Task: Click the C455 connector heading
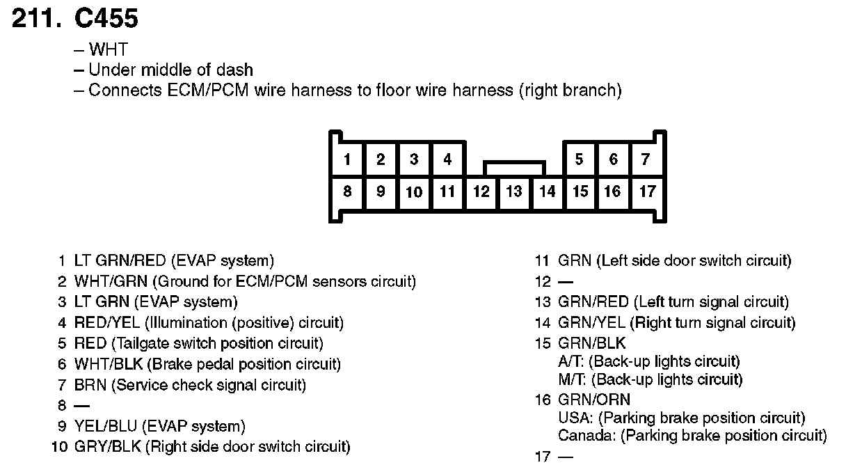106,19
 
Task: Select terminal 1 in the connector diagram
346,159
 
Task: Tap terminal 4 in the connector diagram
447,159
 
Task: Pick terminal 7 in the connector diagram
646,159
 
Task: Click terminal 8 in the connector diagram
346,191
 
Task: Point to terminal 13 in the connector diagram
513,191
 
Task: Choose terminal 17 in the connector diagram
646,191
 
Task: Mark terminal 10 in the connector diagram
414,192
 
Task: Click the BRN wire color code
90,385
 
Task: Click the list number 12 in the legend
542,282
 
